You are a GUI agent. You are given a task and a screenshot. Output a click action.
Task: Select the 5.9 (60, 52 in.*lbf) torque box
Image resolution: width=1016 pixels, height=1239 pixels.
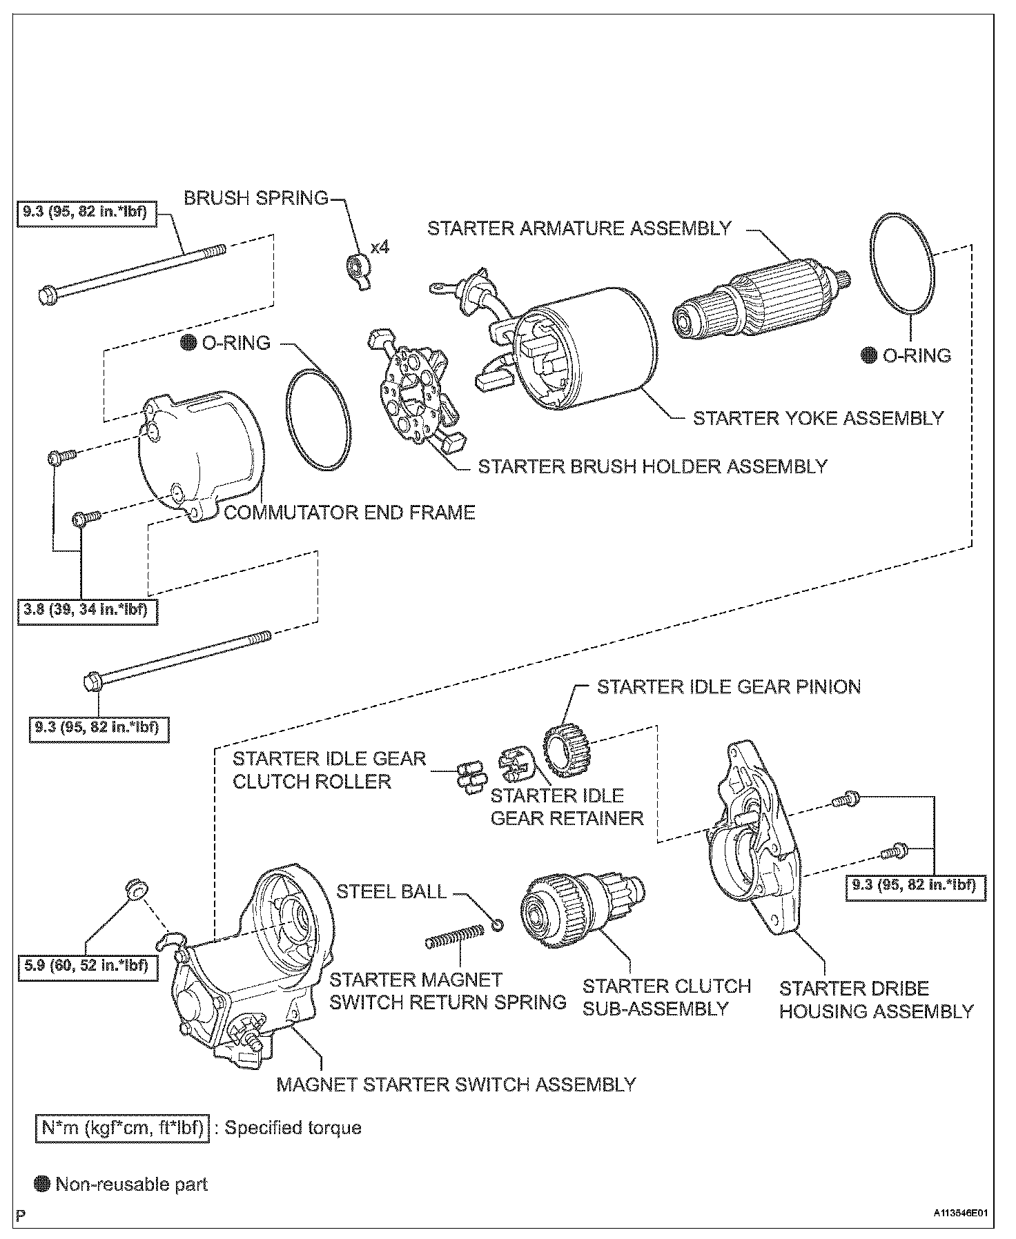[87, 964]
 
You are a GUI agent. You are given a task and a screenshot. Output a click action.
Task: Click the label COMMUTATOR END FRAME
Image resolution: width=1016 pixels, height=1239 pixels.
[350, 513]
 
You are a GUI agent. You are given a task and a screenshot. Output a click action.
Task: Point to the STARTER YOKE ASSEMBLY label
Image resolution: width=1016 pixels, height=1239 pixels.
[818, 418]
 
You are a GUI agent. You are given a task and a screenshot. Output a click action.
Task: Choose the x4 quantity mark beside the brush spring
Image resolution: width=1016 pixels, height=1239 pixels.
[380, 246]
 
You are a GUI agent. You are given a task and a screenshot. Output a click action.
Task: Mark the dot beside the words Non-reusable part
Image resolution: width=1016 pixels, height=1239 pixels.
[43, 1185]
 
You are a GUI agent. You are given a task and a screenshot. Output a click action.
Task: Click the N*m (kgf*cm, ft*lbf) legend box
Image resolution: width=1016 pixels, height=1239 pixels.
[121, 1128]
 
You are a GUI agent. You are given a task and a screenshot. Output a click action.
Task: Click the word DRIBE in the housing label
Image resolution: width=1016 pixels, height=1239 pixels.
[896, 989]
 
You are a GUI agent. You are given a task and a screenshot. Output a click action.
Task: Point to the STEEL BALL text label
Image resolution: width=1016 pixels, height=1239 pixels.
[391, 891]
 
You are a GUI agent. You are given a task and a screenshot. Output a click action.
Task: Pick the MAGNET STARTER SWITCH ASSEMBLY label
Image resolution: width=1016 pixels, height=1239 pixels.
[456, 1084]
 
